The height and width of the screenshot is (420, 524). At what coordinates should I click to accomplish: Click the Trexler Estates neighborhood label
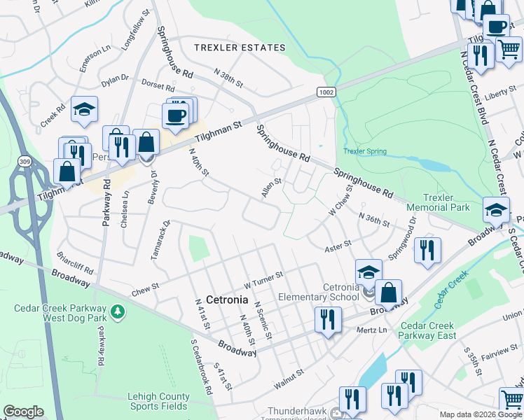240,48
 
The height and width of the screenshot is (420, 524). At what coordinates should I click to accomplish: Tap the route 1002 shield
326,92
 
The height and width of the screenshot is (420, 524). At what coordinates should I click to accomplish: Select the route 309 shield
25,162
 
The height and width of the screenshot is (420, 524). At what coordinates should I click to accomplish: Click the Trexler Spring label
365,152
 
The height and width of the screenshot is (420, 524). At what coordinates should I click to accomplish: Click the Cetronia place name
227,300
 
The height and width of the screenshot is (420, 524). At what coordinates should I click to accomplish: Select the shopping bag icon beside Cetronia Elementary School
388,292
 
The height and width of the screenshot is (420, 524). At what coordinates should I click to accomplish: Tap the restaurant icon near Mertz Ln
328,319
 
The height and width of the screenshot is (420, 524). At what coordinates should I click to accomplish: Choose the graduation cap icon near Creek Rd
84,108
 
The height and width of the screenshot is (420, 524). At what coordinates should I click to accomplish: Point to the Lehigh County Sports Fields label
158,401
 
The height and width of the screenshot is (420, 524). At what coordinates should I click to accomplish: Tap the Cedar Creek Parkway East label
428,330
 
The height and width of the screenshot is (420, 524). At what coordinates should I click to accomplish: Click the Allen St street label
271,188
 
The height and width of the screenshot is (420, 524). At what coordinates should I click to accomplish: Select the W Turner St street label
263,280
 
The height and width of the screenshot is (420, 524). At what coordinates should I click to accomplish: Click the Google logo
23,412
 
